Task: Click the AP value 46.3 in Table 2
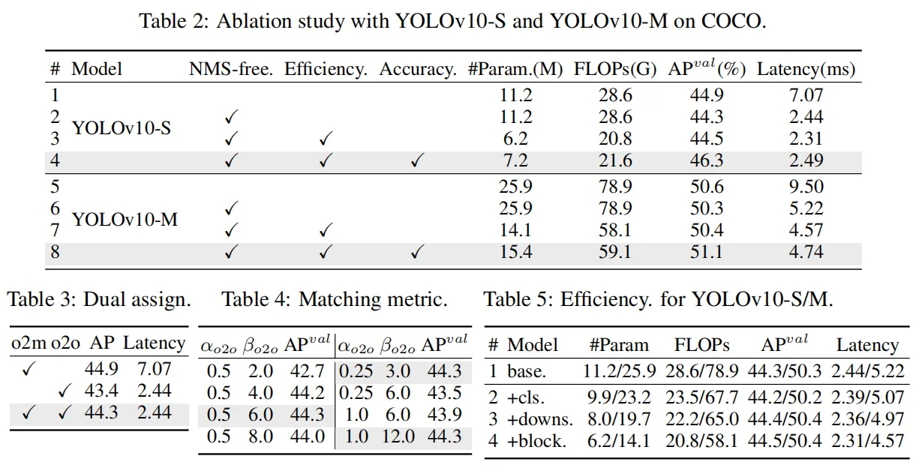[x=706, y=160]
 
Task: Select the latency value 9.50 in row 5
[x=806, y=187]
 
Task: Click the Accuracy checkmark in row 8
[x=417, y=253]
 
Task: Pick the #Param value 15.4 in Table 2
[x=515, y=252]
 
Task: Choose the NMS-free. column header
[x=231, y=70]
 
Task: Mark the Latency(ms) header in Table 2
[x=806, y=70]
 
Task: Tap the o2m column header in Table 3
[x=29, y=344]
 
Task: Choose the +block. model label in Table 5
[x=536, y=441]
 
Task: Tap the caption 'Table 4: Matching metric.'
[x=334, y=301]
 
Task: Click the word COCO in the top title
[x=734, y=20]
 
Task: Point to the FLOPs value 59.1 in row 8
[x=614, y=252]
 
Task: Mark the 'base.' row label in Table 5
[x=527, y=370]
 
